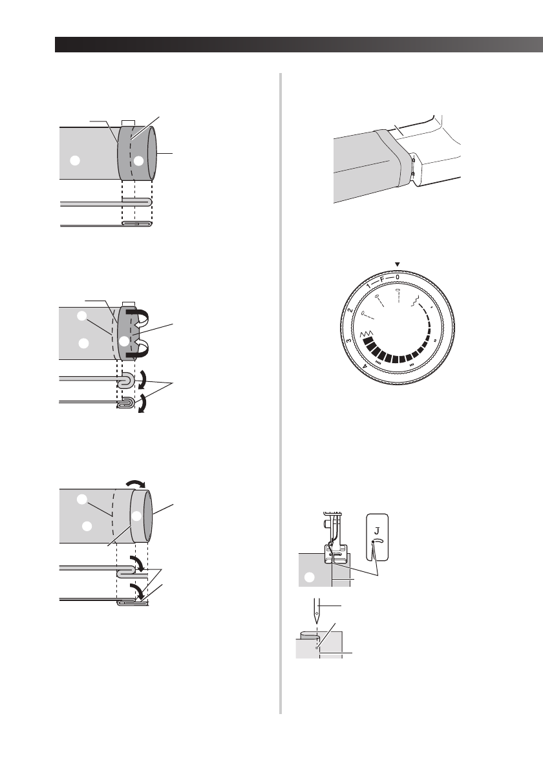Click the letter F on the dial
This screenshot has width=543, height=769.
[x=382, y=280]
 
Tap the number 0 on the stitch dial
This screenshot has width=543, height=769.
[x=397, y=277]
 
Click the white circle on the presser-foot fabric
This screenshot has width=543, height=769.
[x=310, y=575]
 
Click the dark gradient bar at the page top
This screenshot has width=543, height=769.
[x=297, y=45]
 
